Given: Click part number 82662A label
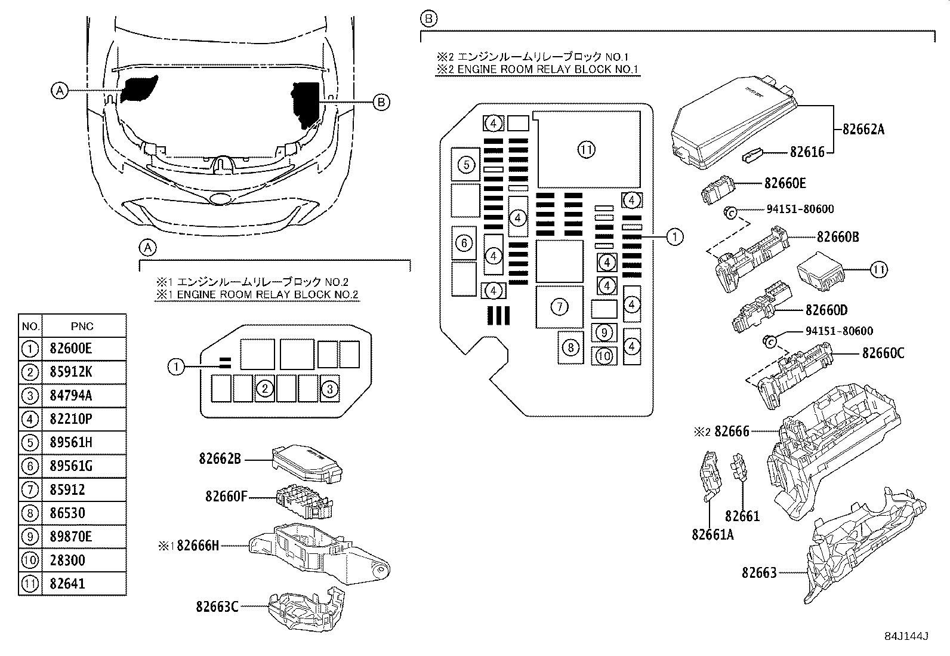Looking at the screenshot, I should (863, 128).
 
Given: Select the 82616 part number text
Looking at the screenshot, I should (807, 152).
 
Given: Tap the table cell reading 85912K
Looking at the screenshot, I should (67, 372).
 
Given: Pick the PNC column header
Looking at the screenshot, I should (82, 327).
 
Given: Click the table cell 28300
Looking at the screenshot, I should (67, 560).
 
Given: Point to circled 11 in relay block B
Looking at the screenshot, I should (587, 150).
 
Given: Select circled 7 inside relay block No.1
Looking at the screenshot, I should (559, 307).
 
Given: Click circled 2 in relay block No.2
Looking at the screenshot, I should (265, 389).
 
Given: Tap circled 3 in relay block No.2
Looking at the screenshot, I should (329, 389).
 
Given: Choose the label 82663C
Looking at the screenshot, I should (217, 606).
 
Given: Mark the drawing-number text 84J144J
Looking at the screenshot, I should (907, 636).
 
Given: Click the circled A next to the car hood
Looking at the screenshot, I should (58, 91).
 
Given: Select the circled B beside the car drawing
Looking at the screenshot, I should (381, 102).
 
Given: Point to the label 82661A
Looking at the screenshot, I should (712, 534).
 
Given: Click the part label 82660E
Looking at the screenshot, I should (785, 183).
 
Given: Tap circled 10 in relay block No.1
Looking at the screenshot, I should (604, 356).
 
